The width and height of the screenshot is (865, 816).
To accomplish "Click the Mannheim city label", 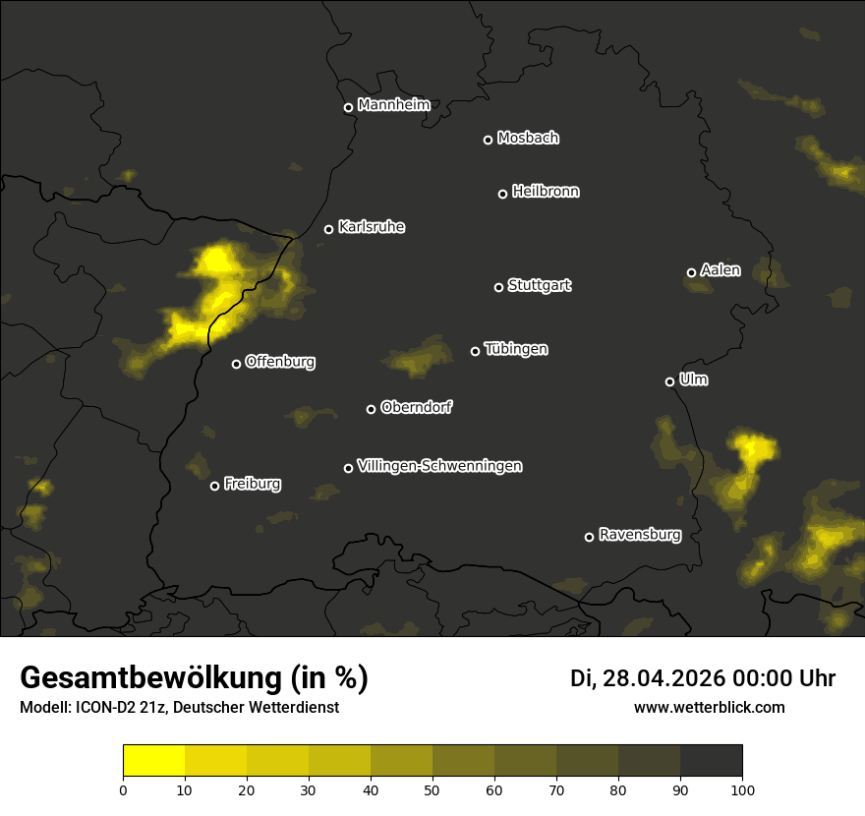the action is (x=394, y=104).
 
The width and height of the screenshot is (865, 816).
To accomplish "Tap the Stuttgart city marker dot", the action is (x=498, y=287).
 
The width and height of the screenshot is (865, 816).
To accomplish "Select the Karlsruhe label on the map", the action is (x=372, y=227).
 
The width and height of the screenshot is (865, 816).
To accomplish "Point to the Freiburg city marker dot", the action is (x=214, y=486).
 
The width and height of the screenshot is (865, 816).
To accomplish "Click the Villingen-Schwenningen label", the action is (x=439, y=465).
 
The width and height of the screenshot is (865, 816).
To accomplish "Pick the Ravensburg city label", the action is (x=640, y=535).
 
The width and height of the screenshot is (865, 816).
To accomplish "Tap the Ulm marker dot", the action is (x=669, y=381).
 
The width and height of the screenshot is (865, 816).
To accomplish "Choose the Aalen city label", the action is (x=721, y=269).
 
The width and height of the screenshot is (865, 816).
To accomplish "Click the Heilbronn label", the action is (x=546, y=191).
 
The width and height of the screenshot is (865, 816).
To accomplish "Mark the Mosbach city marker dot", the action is (x=487, y=140).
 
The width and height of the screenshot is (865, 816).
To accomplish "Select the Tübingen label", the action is (x=516, y=349).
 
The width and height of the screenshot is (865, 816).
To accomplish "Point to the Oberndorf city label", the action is (x=417, y=407).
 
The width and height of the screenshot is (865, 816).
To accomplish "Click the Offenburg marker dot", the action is (x=236, y=364).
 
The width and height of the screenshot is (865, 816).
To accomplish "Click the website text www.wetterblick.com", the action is (x=709, y=707).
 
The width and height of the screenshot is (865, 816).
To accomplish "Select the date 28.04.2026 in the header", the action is (x=663, y=678).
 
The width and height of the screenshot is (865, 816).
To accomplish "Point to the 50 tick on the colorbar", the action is (x=432, y=788).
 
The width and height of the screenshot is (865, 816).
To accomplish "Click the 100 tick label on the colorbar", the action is (x=742, y=788).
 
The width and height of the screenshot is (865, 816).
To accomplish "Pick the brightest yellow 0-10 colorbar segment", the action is (x=153, y=761).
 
